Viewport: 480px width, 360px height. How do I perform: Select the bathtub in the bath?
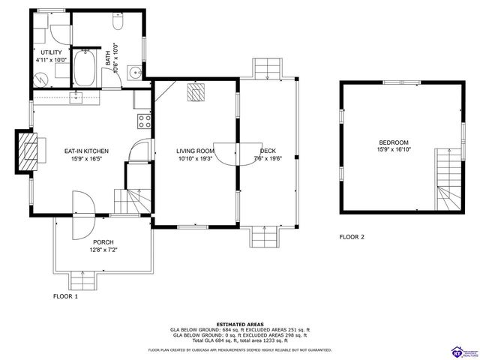coord(85,68)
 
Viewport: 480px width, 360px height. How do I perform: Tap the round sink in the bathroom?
coord(133,73)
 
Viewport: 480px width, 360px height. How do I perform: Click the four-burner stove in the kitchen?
coord(143,120)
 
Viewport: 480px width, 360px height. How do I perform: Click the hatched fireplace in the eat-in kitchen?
coord(25,152)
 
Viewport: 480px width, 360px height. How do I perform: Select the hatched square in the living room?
coord(196,92)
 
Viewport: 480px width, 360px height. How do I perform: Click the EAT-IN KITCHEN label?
coord(86,151)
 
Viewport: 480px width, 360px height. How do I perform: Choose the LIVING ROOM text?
coord(196,151)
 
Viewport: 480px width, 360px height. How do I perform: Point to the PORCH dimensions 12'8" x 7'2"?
coord(103,249)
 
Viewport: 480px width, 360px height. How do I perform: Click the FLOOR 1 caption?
coord(65,296)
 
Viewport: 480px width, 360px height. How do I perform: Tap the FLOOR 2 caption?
coord(351,237)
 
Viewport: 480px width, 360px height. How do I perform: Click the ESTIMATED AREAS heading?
coord(239,324)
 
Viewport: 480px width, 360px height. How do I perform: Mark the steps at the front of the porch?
coord(82,280)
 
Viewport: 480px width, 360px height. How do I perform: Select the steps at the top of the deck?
coord(265,70)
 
